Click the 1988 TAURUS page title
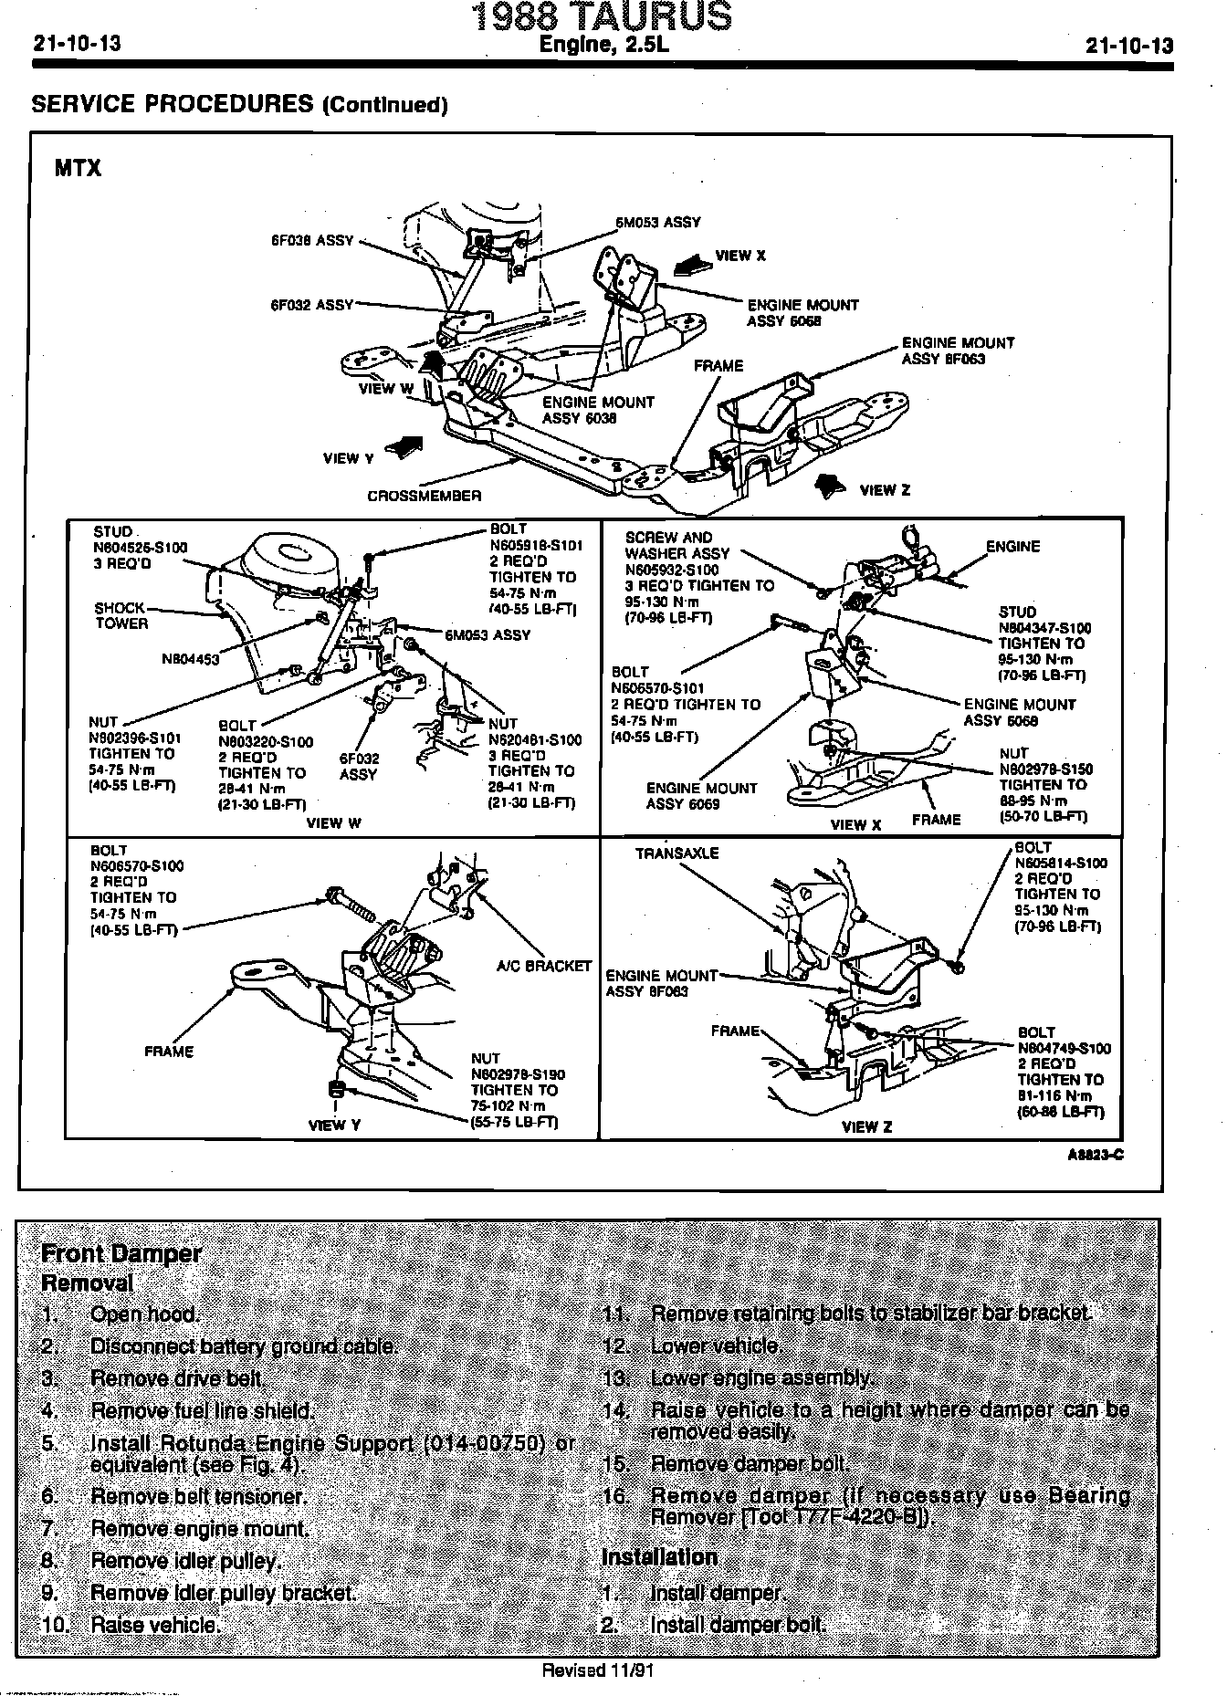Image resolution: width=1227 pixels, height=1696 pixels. click(603, 17)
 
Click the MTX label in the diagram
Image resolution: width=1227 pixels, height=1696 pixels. click(79, 169)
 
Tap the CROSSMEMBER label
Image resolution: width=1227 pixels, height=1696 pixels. click(424, 497)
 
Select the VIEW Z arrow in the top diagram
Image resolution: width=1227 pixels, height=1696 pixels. click(829, 486)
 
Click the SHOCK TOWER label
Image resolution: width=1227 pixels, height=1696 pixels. click(121, 616)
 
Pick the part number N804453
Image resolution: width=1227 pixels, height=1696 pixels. click(190, 658)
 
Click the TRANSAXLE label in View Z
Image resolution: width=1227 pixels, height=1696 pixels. click(676, 853)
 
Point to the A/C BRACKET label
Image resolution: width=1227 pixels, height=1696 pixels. click(543, 966)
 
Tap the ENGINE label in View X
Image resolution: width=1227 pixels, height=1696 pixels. click(1012, 547)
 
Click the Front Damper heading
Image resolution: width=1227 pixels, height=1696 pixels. click(121, 1253)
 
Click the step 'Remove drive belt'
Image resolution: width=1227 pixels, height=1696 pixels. click(178, 1378)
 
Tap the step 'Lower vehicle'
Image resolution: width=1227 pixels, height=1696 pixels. click(716, 1346)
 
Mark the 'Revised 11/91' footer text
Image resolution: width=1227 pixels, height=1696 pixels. click(598, 1671)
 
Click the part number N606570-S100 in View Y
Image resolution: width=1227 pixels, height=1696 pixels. click(137, 866)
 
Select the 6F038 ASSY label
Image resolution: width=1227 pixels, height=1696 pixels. click(311, 241)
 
